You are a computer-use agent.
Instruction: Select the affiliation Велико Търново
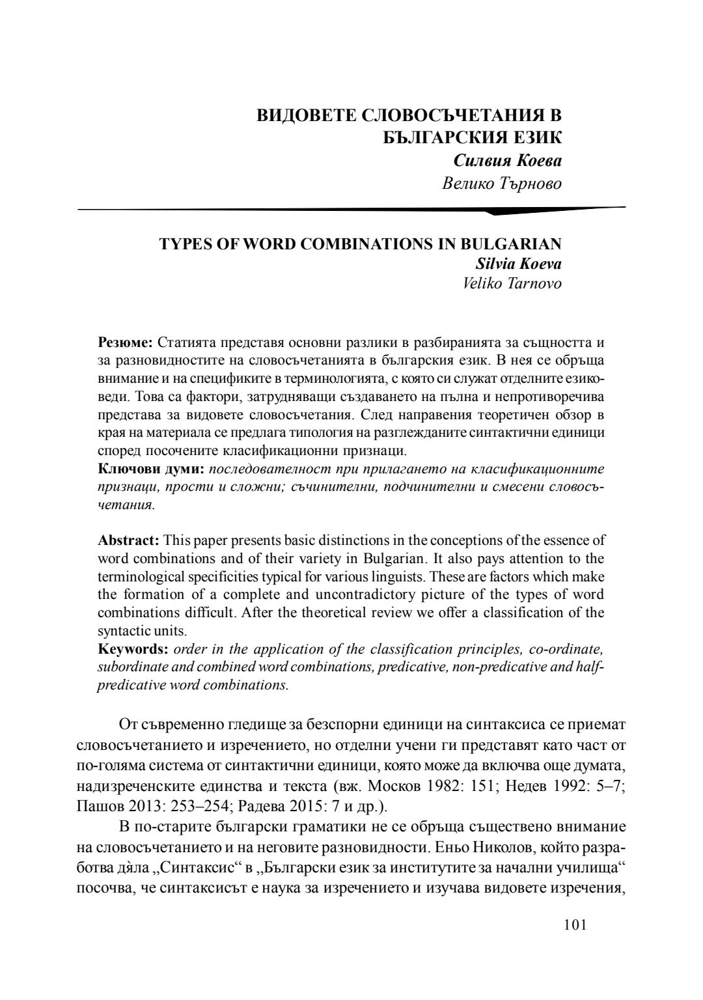tap(501, 184)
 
